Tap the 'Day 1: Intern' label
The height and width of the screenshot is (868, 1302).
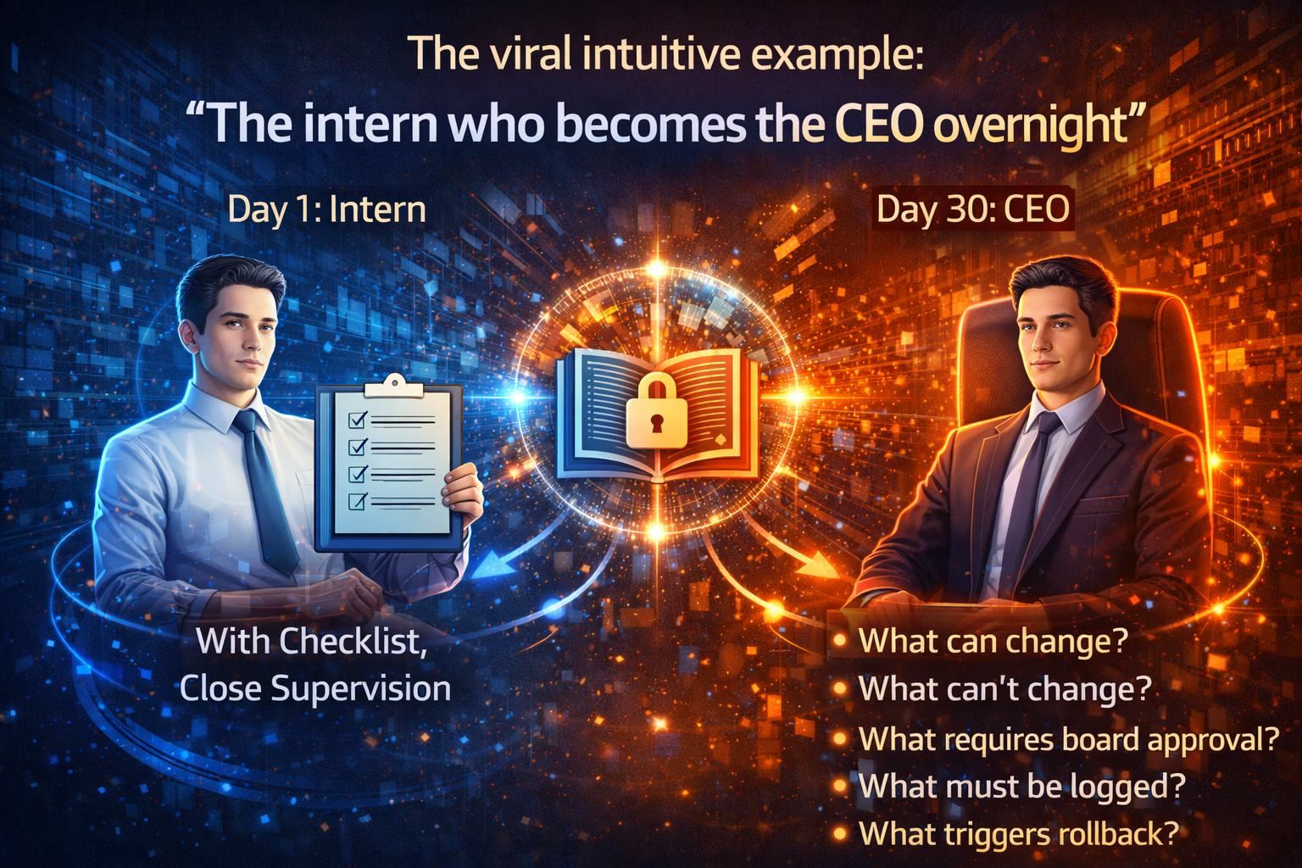pos(326,209)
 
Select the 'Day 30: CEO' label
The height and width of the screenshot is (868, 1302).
pos(972,209)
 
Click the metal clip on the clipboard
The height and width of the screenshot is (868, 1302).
pos(392,387)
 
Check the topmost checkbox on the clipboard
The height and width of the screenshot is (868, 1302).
pos(358,420)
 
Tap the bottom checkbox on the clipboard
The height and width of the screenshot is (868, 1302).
pos(358,502)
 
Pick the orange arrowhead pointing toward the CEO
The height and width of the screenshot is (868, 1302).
pos(818,565)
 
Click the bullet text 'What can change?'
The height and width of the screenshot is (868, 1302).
pos(993,641)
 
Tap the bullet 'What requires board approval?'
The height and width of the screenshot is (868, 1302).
pos(1068,739)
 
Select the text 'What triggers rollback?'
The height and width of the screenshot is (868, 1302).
pos(1018,834)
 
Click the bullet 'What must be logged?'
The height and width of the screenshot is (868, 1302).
pos(1021,787)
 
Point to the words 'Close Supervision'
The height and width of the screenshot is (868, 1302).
pos(315,688)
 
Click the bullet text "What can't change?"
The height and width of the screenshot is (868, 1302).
pos(1004,689)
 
